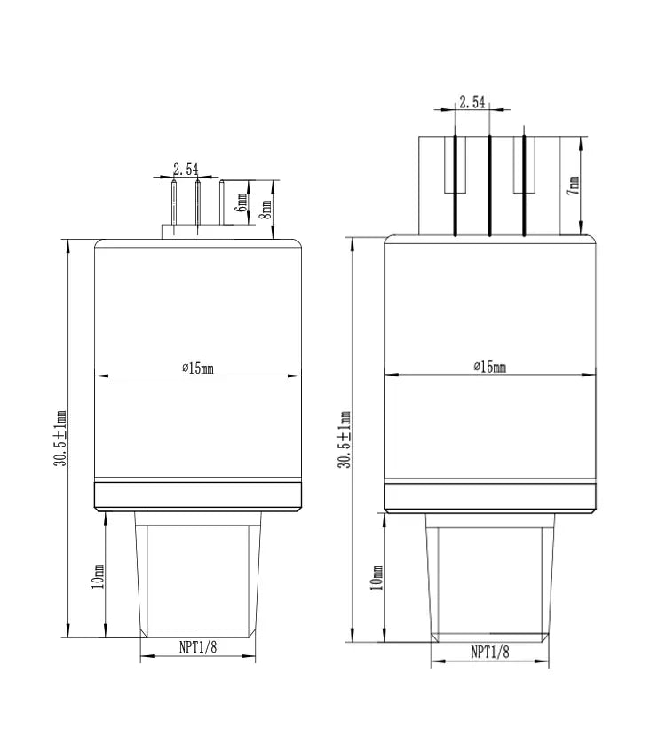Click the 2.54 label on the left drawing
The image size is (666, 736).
(186, 169)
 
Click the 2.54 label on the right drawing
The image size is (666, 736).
(472, 102)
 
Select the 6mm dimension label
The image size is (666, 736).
(242, 202)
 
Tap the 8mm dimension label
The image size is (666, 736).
(266, 210)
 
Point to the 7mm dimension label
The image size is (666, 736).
(573, 186)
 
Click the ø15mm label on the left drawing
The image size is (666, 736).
(198, 368)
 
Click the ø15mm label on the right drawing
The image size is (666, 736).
(490, 366)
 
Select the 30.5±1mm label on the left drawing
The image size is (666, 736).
(60, 439)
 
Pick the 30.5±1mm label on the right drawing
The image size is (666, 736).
(345, 439)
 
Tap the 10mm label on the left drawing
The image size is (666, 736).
(98, 576)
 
